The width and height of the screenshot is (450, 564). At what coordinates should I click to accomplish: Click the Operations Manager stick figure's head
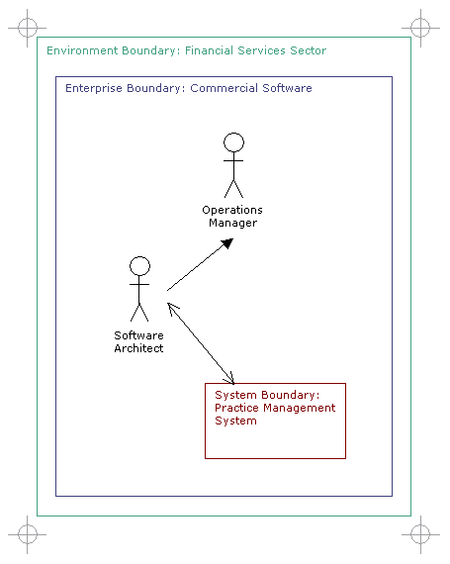click(233, 142)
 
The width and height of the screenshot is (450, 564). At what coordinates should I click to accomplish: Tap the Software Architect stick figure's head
click(139, 266)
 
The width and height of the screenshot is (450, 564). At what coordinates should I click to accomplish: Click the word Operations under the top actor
click(232, 210)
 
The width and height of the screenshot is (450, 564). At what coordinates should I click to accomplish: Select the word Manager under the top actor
click(232, 223)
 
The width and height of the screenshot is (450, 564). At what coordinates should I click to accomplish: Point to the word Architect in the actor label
click(138, 348)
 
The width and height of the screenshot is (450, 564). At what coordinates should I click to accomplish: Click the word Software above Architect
click(138, 335)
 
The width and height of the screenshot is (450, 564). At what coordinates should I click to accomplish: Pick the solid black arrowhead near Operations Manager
click(227, 243)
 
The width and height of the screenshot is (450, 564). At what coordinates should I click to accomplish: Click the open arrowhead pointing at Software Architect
click(173, 309)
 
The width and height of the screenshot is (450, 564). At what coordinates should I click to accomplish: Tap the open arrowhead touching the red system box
click(228, 378)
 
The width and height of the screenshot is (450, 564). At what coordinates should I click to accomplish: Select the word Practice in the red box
click(236, 408)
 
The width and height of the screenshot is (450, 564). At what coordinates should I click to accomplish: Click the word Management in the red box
click(299, 409)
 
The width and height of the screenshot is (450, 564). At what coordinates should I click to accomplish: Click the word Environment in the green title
click(82, 50)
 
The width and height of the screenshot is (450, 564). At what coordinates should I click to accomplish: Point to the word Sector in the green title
click(308, 50)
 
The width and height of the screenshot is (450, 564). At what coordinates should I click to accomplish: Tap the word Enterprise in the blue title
click(93, 88)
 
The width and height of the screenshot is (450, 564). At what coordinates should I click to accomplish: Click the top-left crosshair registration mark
click(28, 28)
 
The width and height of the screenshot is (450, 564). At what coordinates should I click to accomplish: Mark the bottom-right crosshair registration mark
click(420, 534)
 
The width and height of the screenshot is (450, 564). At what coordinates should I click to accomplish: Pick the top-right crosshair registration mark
click(420, 28)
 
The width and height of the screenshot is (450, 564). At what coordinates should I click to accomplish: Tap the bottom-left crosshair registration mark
click(28, 534)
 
